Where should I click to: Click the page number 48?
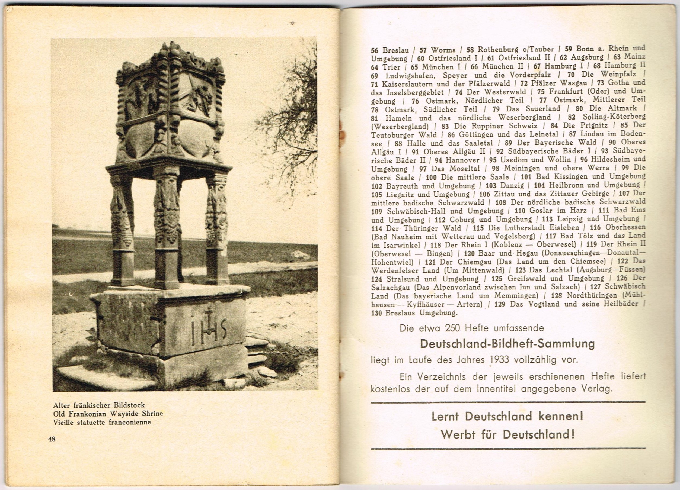pyautogui.click(x=52, y=439)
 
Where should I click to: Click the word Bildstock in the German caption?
pyautogui.click(x=129, y=405)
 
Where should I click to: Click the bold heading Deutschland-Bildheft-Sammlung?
pyautogui.click(x=507, y=344)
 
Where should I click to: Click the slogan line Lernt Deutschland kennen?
pyautogui.click(x=507, y=416)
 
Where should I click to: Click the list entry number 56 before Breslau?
pyautogui.click(x=375, y=50)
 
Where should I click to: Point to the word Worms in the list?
pyautogui.click(x=444, y=50)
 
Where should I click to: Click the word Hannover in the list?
pyautogui.click(x=463, y=160)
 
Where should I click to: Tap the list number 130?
pyautogui.click(x=377, y=313)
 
